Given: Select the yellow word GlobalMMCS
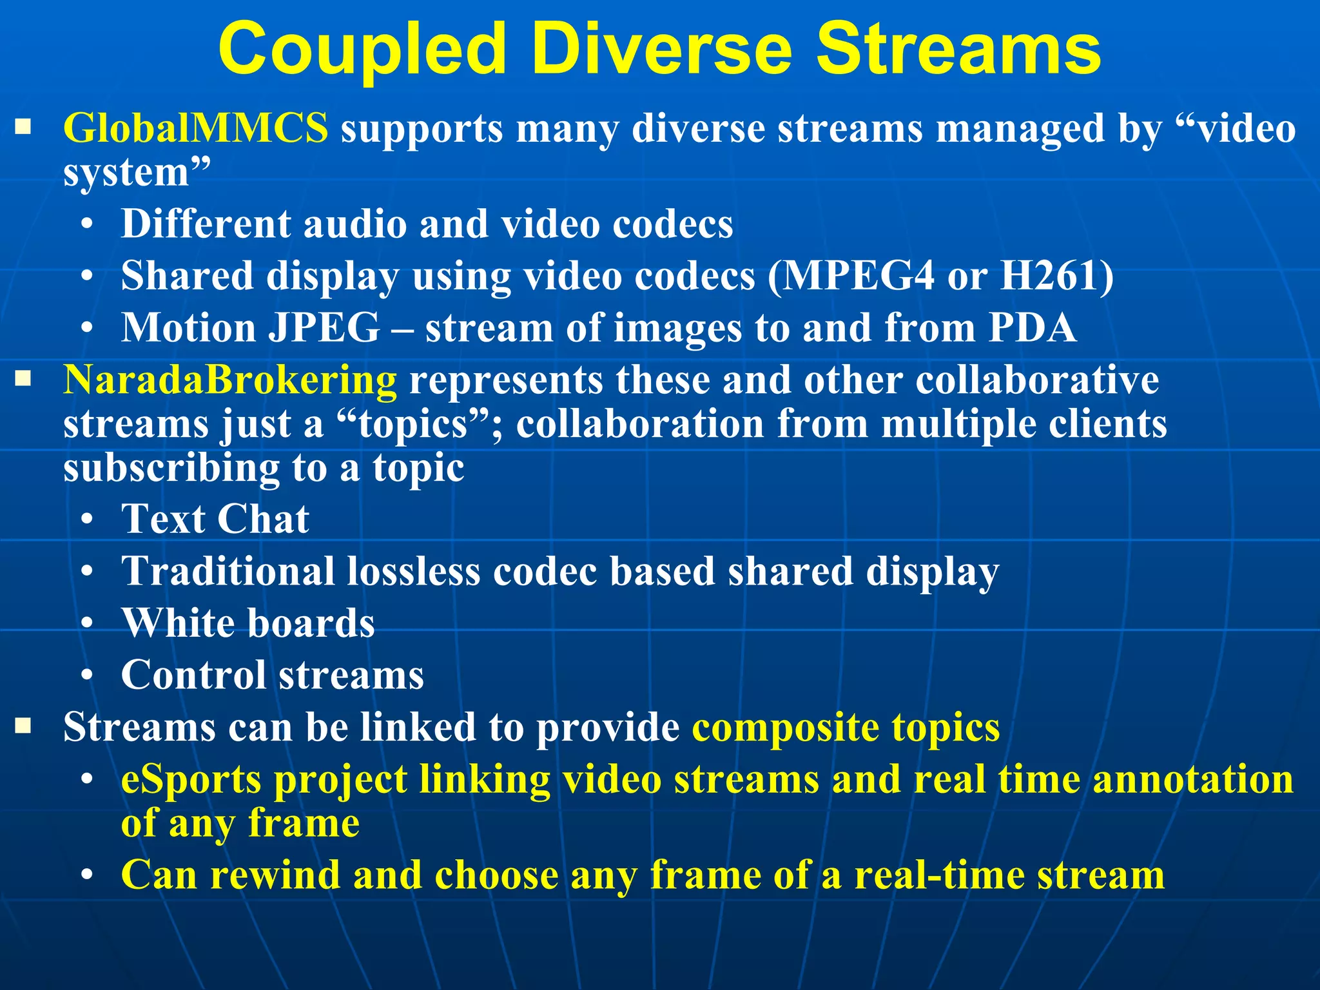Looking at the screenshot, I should coord(195,128).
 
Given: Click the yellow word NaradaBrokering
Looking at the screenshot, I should coord(229,380).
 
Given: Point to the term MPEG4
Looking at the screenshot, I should coord(858,276).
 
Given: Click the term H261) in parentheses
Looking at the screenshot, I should coord(1056,276).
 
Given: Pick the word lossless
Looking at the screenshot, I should coord(413,572).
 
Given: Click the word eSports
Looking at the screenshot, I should coord(191,781).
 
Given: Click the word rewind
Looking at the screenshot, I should coord(275,876).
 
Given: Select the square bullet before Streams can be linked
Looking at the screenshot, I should coord(23,726).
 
